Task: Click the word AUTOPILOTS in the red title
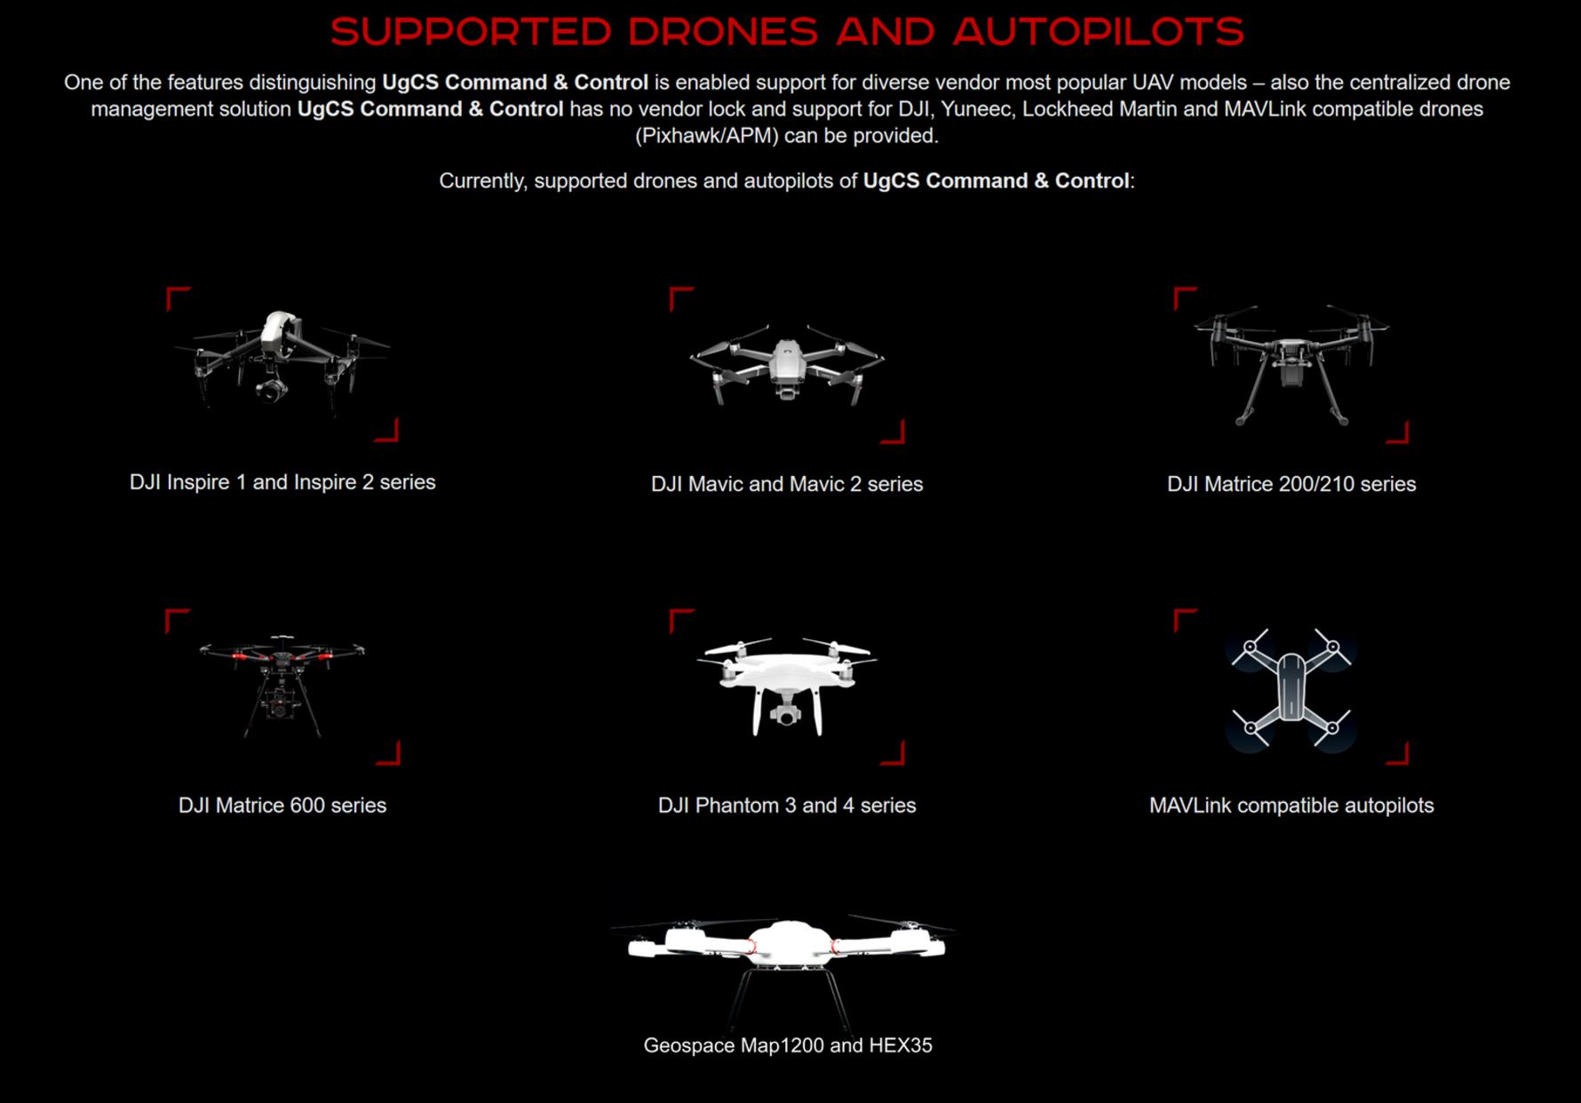pos(1098,31)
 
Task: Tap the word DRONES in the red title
pos(723,31)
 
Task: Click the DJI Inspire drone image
pos(283,361)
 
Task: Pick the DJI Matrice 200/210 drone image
pos(1291,365)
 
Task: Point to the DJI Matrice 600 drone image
pos(282,685)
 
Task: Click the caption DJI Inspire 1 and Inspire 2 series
pos(282,482)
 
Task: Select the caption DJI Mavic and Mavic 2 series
pos(787,484)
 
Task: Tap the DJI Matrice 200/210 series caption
pos(1291,484)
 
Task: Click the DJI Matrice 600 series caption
pos(282,805)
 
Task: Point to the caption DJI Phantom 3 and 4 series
pos(787,805)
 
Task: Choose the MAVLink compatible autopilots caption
pos(1291,805)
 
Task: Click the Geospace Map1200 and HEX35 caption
pos(788,1045)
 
